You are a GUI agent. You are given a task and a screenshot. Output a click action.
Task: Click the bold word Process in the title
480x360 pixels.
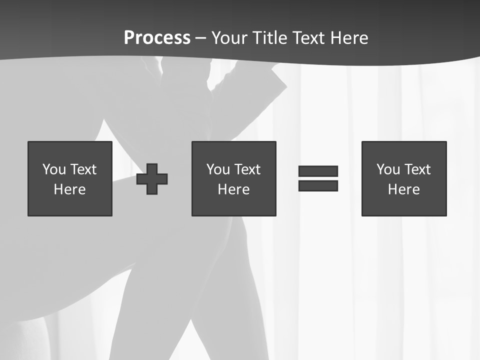pyautogui.click(x=157, y=38)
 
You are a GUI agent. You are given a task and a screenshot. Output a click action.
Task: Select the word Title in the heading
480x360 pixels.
pyautogui.click(x=270, y=38)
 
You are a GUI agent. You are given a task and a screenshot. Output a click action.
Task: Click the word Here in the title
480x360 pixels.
pyautogui.click(x=350, y=38)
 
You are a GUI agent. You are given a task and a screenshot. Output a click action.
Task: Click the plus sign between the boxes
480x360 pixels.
pyautogui.click(x=152, y=179)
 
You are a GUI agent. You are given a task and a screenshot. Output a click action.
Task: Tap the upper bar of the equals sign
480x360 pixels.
pyautogui.click(x=318, y=171)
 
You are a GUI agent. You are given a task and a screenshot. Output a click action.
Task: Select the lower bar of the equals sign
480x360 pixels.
pyautogui.click(x=318, y=185)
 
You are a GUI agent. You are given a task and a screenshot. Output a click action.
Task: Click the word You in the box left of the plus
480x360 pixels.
pyautogui.click(x=54, y=169)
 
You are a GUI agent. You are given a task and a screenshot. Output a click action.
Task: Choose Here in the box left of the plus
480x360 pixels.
pyautogui.click(x=69, y=189)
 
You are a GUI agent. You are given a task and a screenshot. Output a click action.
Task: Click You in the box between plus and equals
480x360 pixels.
pyautogui.click(x=218, y=169)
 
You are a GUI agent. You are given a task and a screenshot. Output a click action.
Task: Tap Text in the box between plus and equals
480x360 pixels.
pyautogui.click(x=246, y=169)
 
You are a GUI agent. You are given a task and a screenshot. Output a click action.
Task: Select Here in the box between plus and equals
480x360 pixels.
pyautogui.click(x=233, y=189)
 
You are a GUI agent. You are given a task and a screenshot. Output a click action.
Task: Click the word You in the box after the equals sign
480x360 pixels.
pyautogui.click(x=388, y=169)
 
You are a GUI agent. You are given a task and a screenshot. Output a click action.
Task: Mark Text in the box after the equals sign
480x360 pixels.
pyautogui.click(x=416, y=169)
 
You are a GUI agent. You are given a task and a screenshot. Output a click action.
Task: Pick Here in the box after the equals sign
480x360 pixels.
pyautogui.click(x=403, y=189)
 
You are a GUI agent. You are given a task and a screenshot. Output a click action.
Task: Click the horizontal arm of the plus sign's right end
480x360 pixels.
pyautogui.click(x=163, y=179)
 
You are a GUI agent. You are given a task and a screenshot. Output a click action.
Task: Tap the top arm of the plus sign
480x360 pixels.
pyautogui.click(x=152, y=168)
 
